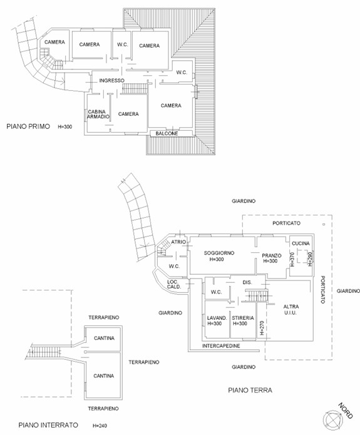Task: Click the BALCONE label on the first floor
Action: (x=167, y=133)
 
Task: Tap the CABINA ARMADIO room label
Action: (x=98, y=115)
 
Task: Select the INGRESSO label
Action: (x=112, y=81)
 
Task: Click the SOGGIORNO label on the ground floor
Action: (x=219, y=253)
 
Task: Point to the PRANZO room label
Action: (x=272, y=255)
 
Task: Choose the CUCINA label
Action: (x=301, y=243)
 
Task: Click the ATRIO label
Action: (x=178, y=242)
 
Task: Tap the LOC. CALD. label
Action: (x=174, y=285)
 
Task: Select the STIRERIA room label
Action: (x=243, y=318)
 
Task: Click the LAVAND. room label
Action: (x=217, y=318)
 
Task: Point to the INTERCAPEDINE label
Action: (x=221, y=346)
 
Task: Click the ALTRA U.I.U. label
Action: (x=291, y=310)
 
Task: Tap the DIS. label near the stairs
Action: (x=247, y=282)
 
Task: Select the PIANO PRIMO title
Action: (x=28, y=126)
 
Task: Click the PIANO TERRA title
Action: (x=250, y=390)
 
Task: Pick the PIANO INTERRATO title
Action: (x=48, y=425)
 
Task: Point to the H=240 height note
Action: (x=100, y=426)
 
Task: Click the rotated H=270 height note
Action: (x=261, y=327)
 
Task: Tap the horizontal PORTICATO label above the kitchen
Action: (x=287, y=223)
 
